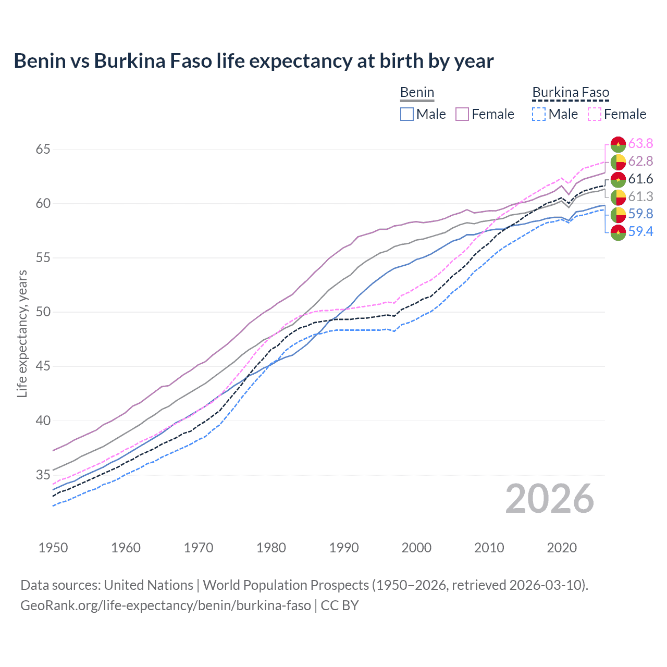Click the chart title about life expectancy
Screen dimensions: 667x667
(x=254, y=61)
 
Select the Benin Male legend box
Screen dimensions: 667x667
(x=407, y=114)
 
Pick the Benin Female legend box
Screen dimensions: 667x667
(x=462, y=114)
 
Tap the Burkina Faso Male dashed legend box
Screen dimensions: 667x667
(x=539, y=114)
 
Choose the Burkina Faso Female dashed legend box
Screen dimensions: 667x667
(x=595, y=114)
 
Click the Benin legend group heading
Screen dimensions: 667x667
(x=417, y=93)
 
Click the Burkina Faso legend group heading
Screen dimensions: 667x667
(x=571, y=93)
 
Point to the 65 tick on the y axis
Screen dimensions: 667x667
(x=43, y=150)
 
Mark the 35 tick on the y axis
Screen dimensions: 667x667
(x=43, y=475)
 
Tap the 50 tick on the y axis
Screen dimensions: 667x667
(x=43, y=312)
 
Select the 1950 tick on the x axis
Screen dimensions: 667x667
(x=53, y=548)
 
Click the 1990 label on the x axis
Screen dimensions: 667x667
(x=344, y=548)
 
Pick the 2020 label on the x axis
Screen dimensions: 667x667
(x=562, y=548)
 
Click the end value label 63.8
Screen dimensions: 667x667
(x=640, y=144)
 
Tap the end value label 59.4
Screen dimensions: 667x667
(x=640, y=232)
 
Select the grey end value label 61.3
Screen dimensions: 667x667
(x=640, y=196)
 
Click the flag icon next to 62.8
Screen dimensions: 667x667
(x=618, y=162)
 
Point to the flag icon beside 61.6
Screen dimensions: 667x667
(x=618, y=179)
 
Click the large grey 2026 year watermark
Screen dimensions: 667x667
(x=550, y=499)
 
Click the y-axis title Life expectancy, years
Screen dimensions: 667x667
(x=22, y=333)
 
